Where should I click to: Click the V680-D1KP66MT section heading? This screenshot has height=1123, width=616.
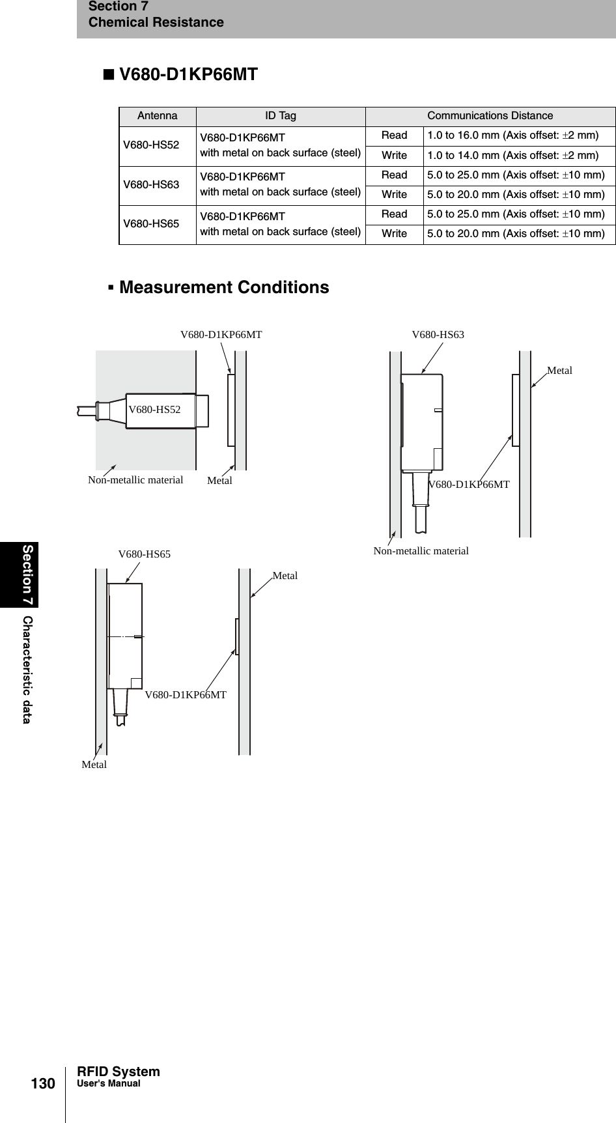[180, 75]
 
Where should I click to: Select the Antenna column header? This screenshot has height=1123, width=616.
[157, 116]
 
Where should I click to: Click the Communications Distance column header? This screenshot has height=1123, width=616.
[490, 116]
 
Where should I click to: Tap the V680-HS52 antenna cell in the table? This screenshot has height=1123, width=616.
[151, 145]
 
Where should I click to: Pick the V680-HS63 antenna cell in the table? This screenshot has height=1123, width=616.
[151, 185]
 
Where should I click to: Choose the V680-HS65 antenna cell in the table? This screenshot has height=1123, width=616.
[151, 224]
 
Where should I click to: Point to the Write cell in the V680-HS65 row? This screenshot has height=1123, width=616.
[394, 234]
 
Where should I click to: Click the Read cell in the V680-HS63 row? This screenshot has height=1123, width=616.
[394, 175]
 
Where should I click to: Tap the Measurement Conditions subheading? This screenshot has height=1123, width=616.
[224, 287]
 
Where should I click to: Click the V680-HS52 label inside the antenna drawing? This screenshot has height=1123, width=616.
[154, 410]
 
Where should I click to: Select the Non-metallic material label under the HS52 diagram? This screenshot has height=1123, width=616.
[135, 480]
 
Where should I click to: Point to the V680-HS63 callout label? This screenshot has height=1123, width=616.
[438, 335]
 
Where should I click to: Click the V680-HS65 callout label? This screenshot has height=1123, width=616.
[145, 554]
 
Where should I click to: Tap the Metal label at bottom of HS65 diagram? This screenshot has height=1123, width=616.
[94, 765]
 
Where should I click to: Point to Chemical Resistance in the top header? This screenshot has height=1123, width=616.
[156, 23]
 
